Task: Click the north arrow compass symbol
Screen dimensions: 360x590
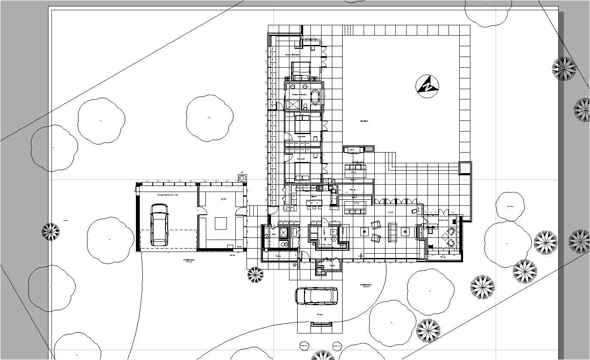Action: coord(427,86)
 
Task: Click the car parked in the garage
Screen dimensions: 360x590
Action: coord(159,225)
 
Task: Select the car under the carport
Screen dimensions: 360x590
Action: coord(316,296)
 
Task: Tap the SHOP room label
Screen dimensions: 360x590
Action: coord(223,199)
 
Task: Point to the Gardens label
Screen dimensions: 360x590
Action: coord(364,121)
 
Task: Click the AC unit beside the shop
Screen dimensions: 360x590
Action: coord(242,177)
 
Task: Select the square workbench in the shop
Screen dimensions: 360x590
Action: coord(221,224)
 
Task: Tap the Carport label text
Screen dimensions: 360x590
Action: coord(319,315)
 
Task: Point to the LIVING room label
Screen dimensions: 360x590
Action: coord(391,212)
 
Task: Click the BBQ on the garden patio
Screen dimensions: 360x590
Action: coord(352,150)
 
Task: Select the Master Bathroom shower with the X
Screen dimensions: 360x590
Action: coord(293,105)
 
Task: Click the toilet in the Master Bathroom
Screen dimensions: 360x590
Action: coord(305,106)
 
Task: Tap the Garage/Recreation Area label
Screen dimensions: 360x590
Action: coord(167,195)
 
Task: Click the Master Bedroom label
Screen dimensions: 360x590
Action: coord(292,55)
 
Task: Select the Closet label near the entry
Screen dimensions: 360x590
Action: coord(332,266)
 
